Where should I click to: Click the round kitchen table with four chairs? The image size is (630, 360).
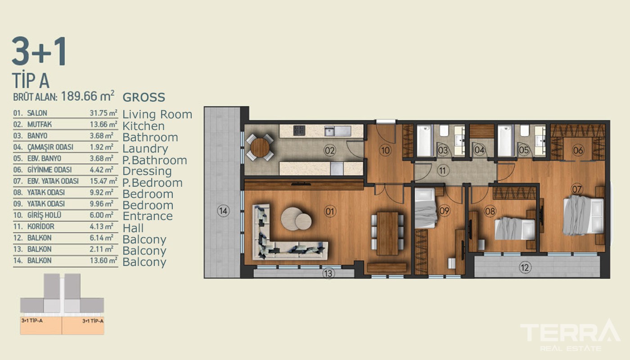260,148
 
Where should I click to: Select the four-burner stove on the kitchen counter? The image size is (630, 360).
299,130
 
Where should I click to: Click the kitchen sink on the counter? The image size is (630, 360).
338,131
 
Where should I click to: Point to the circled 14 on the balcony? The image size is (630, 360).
223,211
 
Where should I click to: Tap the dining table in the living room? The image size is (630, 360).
387,233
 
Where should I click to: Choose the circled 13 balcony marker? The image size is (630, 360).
328,274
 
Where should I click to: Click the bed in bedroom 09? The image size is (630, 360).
426,208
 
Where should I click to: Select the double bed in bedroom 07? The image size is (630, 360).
583,215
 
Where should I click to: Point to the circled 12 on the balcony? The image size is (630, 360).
525,267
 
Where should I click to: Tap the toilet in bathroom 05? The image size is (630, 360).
525,130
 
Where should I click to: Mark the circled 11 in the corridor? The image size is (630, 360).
443,171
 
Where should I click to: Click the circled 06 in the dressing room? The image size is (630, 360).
578,150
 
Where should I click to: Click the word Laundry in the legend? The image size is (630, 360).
145,148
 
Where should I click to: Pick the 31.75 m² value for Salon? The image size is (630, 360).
103,113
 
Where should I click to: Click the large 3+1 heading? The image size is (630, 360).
39,51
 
